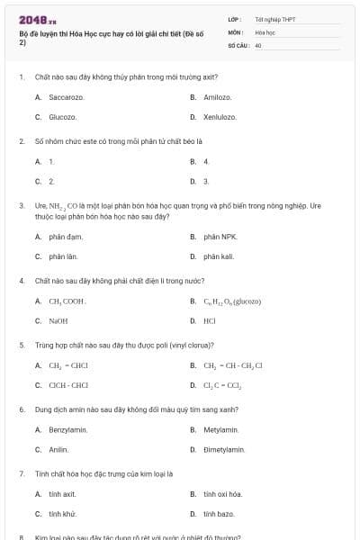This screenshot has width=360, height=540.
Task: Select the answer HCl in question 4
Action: click(x=209, y=320)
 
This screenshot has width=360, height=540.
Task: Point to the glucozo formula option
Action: click(x=231, y=301)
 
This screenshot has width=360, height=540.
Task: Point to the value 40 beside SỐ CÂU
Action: click(x=258, y=44)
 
